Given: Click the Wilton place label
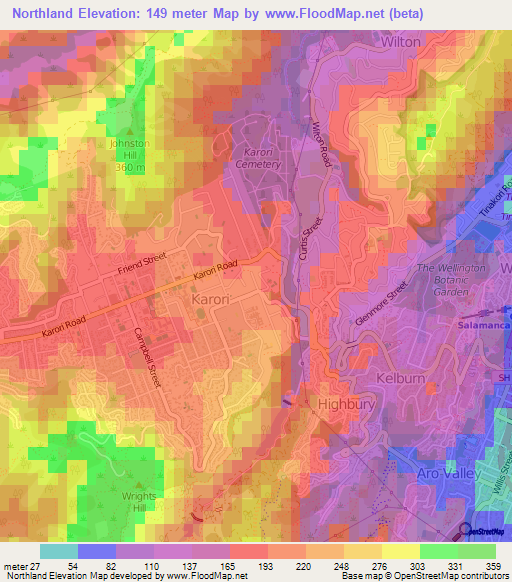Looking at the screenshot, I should click(402, 44).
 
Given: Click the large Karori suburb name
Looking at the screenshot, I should click(211, 299).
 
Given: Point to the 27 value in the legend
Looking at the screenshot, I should click(32, 565).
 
